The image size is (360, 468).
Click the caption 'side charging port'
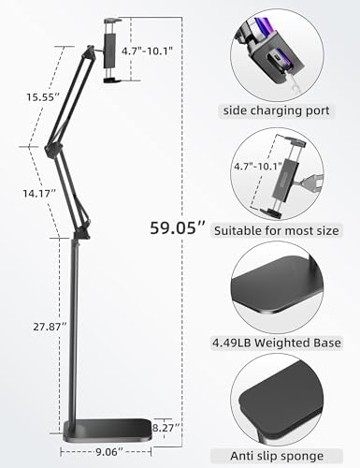[x=275, y=110]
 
